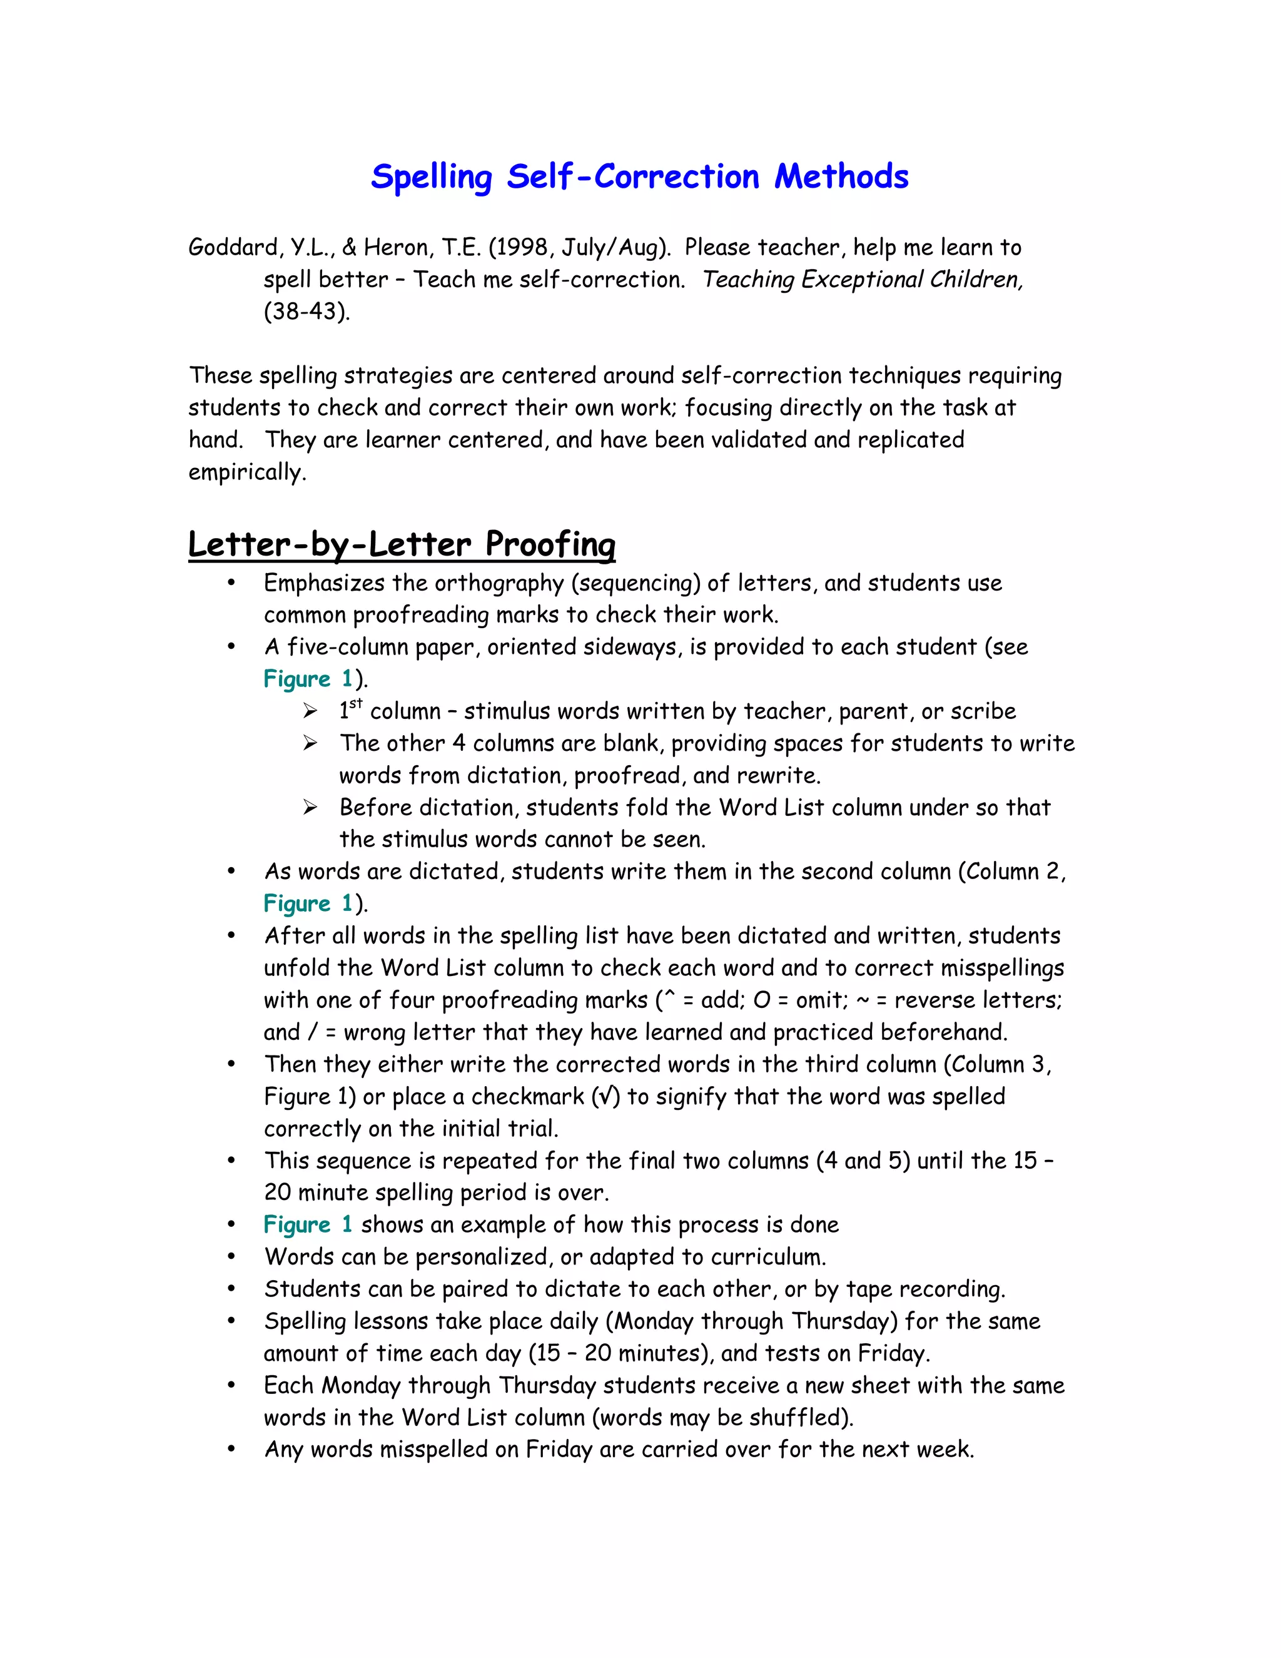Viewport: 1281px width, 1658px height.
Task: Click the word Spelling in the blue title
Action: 431,178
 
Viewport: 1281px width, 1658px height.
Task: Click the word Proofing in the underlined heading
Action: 550,544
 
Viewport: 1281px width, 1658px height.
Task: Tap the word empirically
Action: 246,472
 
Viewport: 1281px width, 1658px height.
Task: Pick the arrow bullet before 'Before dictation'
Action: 310,807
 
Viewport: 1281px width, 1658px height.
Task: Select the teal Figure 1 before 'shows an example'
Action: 307,1224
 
